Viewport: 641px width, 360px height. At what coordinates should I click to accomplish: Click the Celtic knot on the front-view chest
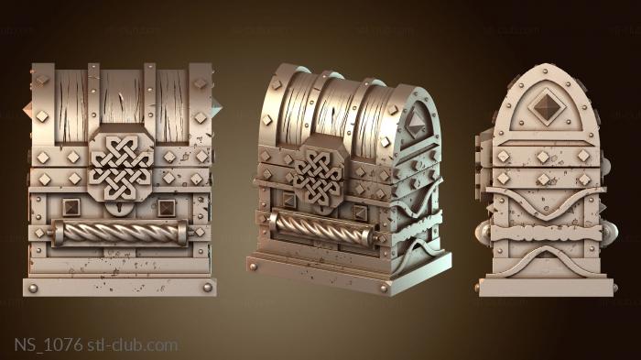click(121, 168)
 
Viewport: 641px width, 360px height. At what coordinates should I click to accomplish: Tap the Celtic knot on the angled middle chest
click(319, 176)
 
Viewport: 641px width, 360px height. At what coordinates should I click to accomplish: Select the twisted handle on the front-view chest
click(119, 233)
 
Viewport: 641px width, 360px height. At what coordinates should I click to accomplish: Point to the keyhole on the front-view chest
click(119, 209)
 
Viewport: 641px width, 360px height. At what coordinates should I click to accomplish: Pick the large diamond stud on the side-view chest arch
click(547, 106)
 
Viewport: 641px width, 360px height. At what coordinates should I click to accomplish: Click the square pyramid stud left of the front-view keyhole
click(71, 207)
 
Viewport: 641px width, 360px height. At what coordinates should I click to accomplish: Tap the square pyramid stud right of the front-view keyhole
click(167, 208)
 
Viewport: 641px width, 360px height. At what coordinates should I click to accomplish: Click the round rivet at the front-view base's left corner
click(33, 288)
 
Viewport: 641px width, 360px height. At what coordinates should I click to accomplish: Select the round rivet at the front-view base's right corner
click(208, 288)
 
